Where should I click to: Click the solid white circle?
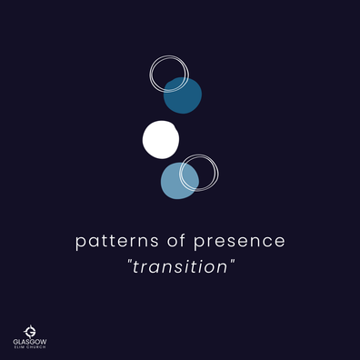click(161, 140)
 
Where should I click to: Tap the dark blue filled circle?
click(183, 95)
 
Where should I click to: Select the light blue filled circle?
click(180, 181)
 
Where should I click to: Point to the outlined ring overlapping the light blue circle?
click(217, 174)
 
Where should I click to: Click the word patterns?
click(117, 242)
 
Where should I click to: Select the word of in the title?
click(176, 240)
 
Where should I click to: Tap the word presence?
click(239, 242)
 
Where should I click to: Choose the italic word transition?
click(180, 266)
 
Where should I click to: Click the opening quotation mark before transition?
click(130, 261)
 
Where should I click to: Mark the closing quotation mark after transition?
click(233, 261)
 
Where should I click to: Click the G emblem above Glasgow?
click(30, 332)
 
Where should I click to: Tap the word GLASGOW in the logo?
click(30, 342)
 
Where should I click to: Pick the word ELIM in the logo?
click(19, 347)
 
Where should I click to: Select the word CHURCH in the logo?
click(36, 347)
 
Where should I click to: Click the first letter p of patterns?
click(79, 243)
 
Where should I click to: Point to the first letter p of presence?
click(198, 243)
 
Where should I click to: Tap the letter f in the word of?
click(183, 240)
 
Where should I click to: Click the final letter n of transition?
click(223, 268)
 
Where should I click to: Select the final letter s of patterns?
click(155, 242)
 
